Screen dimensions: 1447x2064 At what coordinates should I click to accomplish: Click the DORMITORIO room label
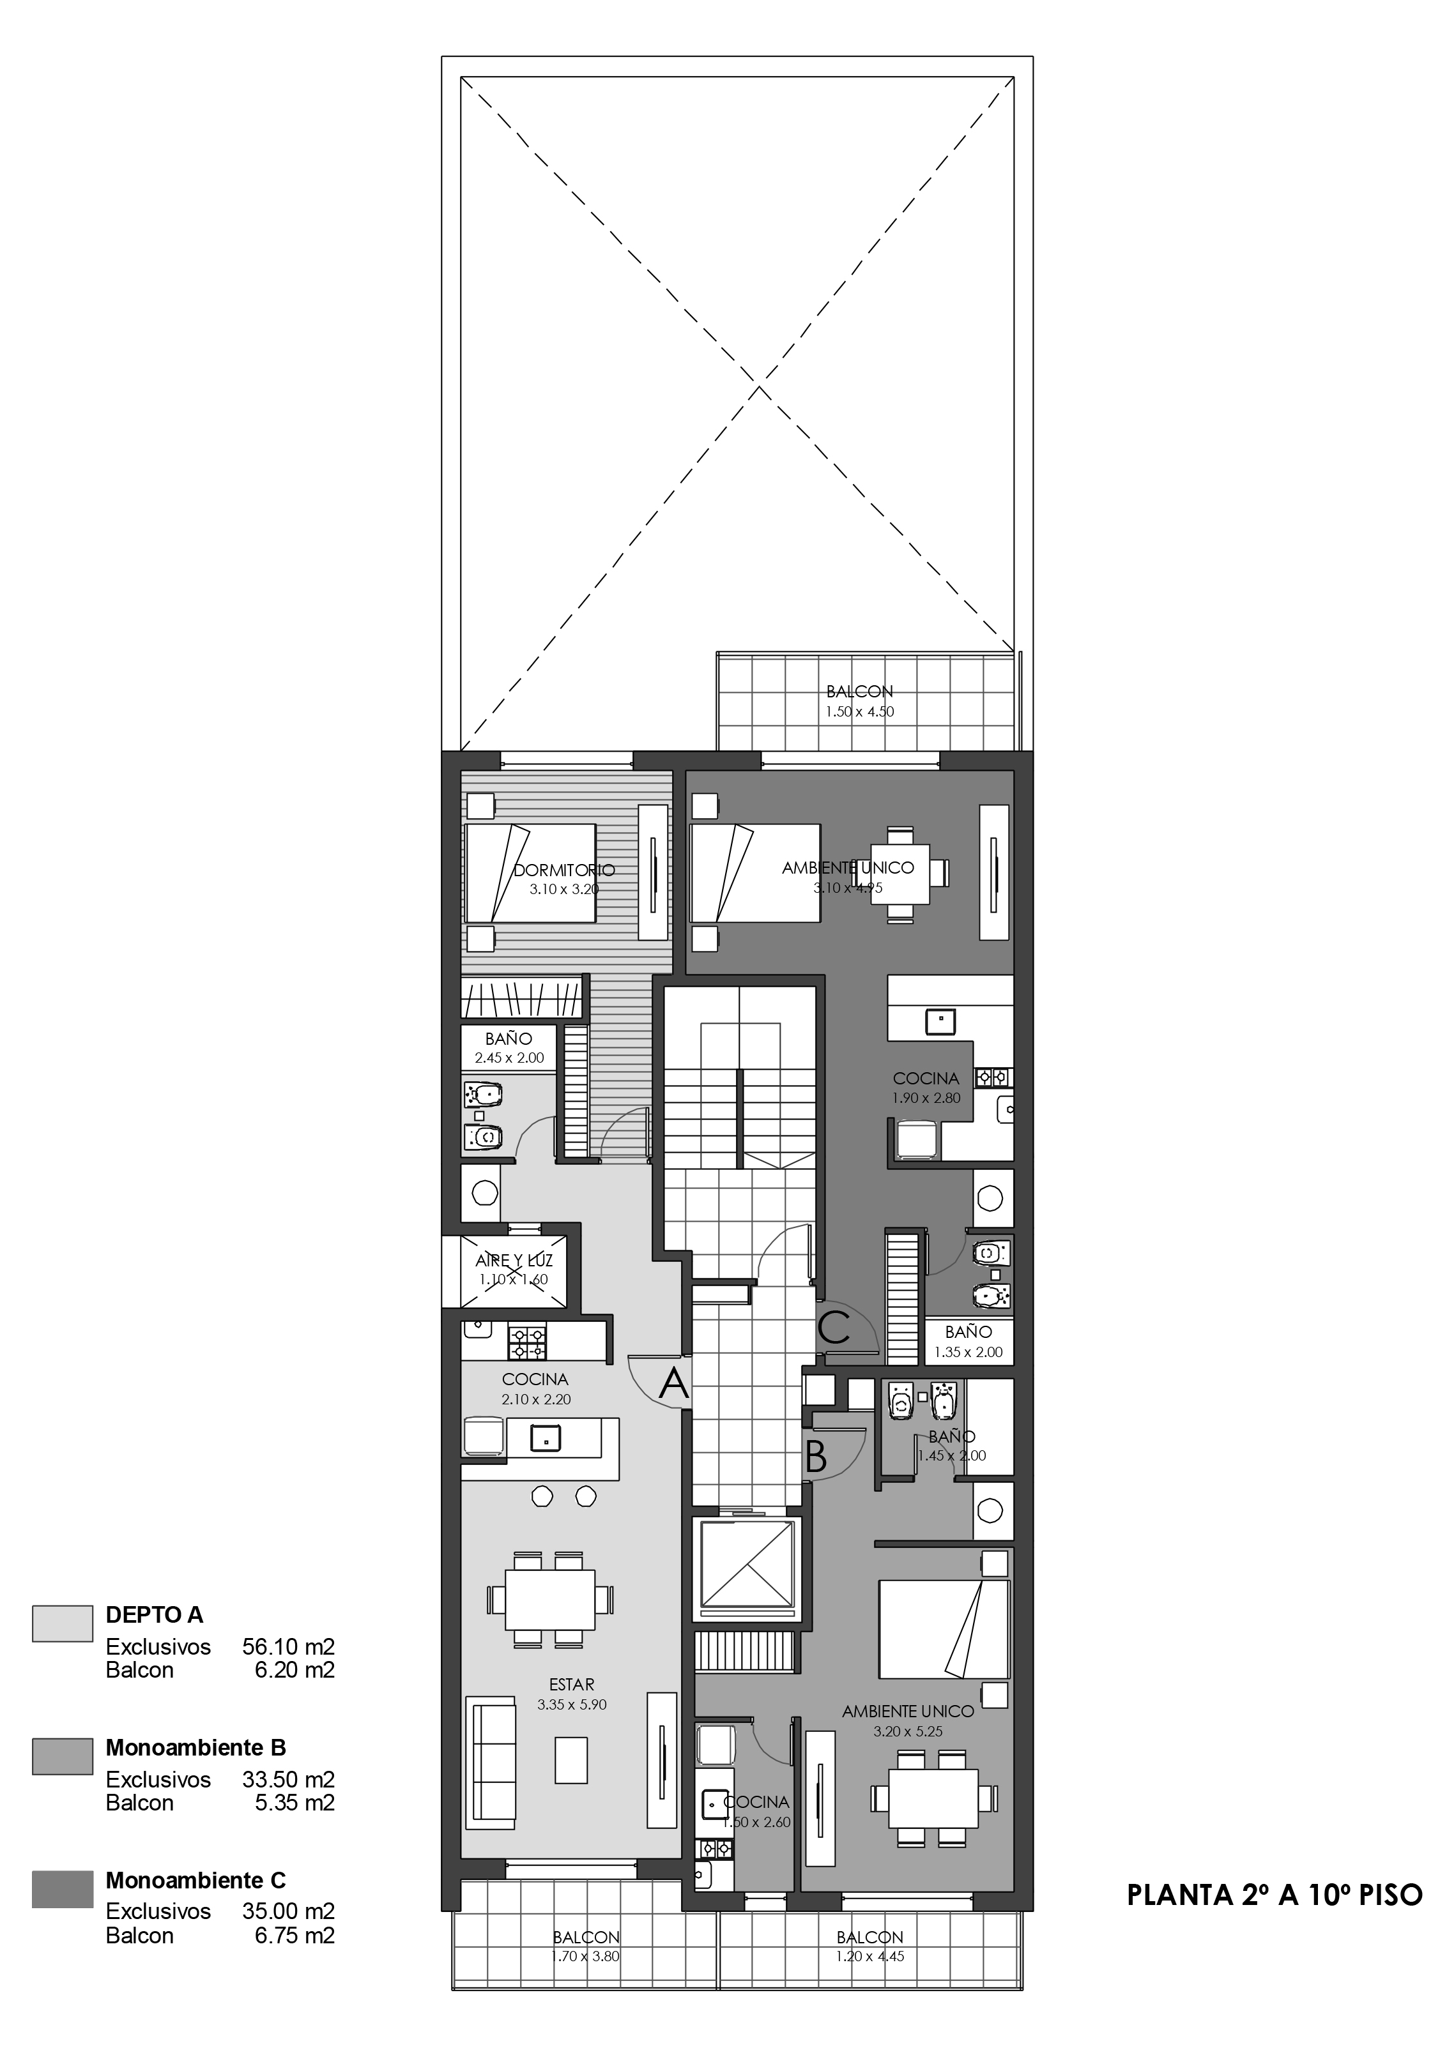(564, 869)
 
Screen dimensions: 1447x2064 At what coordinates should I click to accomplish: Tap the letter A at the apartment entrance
(673, 1385)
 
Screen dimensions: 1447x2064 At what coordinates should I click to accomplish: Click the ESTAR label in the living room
(572, 1685)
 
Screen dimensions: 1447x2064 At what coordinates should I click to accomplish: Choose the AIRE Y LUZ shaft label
(514, 1261)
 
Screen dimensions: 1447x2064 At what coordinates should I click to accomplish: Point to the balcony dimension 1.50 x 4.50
(860, 711)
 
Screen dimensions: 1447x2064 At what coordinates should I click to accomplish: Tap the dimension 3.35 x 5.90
(572, 1704)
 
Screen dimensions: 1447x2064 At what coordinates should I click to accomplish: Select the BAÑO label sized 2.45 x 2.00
(509, 1038)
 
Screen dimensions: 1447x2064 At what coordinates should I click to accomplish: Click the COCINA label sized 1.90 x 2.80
(926, 1078)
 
